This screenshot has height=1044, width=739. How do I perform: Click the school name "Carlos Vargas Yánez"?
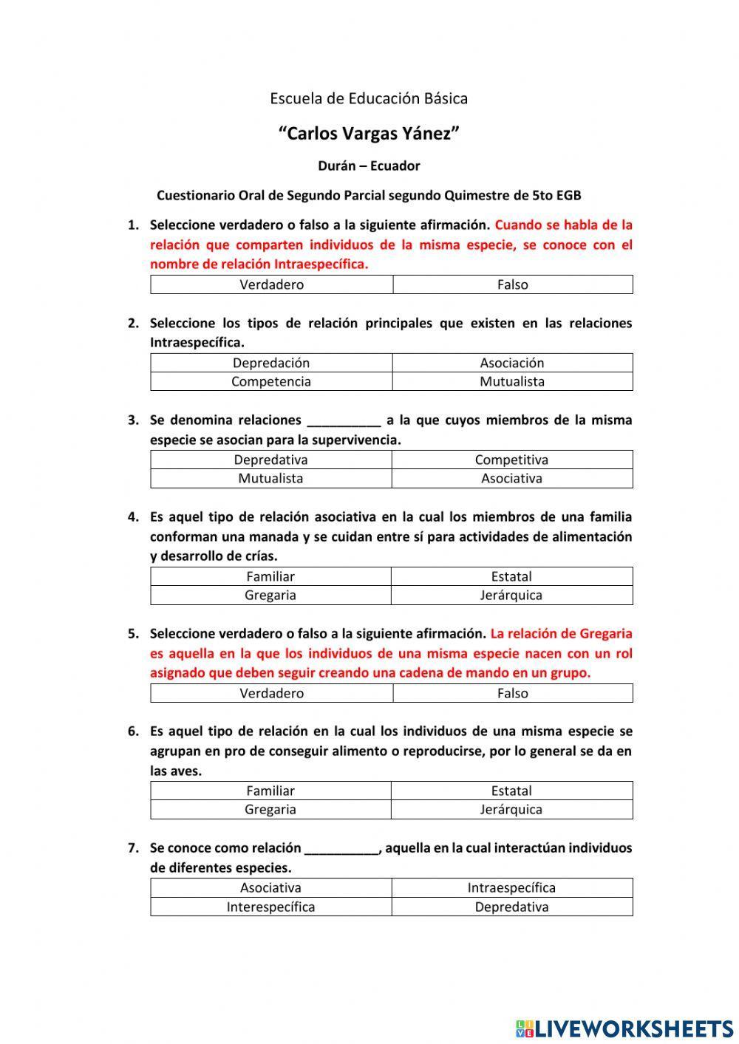369,134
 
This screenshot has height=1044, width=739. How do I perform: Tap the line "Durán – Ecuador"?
369,166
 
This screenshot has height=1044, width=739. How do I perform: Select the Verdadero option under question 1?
271,284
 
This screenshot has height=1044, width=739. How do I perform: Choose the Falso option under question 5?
512,693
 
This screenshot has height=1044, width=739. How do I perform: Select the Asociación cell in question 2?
511,363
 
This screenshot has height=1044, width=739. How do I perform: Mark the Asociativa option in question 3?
511,478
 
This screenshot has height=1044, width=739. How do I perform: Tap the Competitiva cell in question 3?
511,460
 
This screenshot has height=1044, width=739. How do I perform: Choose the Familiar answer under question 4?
270,576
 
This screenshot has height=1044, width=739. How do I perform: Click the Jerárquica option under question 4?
511,595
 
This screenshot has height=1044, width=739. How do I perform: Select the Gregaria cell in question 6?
270,809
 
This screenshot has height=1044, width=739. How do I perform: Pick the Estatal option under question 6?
511,791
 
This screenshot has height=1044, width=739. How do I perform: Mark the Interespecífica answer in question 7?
270,907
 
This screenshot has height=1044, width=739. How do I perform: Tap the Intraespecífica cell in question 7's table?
511,888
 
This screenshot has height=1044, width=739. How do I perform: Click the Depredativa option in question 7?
511,907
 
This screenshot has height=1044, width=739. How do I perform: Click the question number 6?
133,731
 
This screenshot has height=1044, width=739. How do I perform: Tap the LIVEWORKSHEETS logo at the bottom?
624,1028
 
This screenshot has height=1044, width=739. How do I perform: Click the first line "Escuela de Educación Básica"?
369,98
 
